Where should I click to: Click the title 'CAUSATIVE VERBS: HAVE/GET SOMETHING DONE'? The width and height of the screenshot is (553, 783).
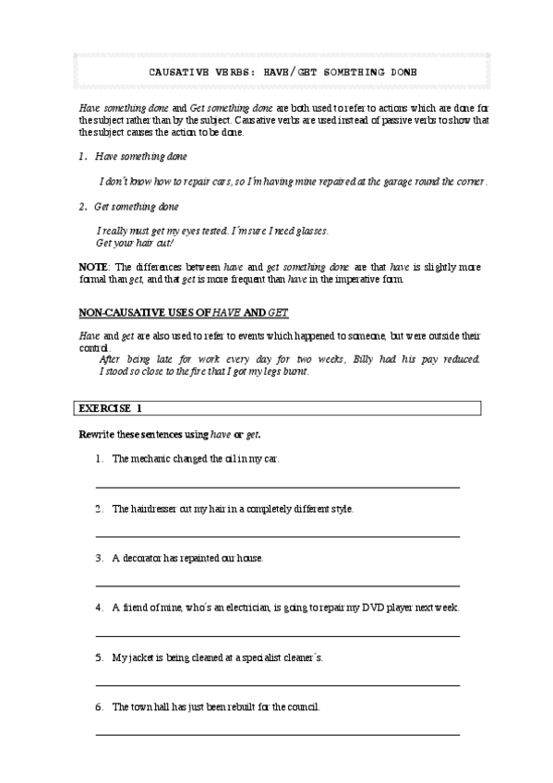276,72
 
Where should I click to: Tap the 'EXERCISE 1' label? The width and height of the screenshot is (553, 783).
110,407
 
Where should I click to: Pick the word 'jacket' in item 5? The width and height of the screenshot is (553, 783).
140,658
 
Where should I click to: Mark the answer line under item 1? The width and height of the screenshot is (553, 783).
277,486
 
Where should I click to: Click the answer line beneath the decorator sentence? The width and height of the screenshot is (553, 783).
277,585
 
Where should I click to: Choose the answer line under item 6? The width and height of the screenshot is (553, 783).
277,735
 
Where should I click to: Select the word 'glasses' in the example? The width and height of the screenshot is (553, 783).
309,231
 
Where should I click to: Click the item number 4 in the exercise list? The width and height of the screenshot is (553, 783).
98,608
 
